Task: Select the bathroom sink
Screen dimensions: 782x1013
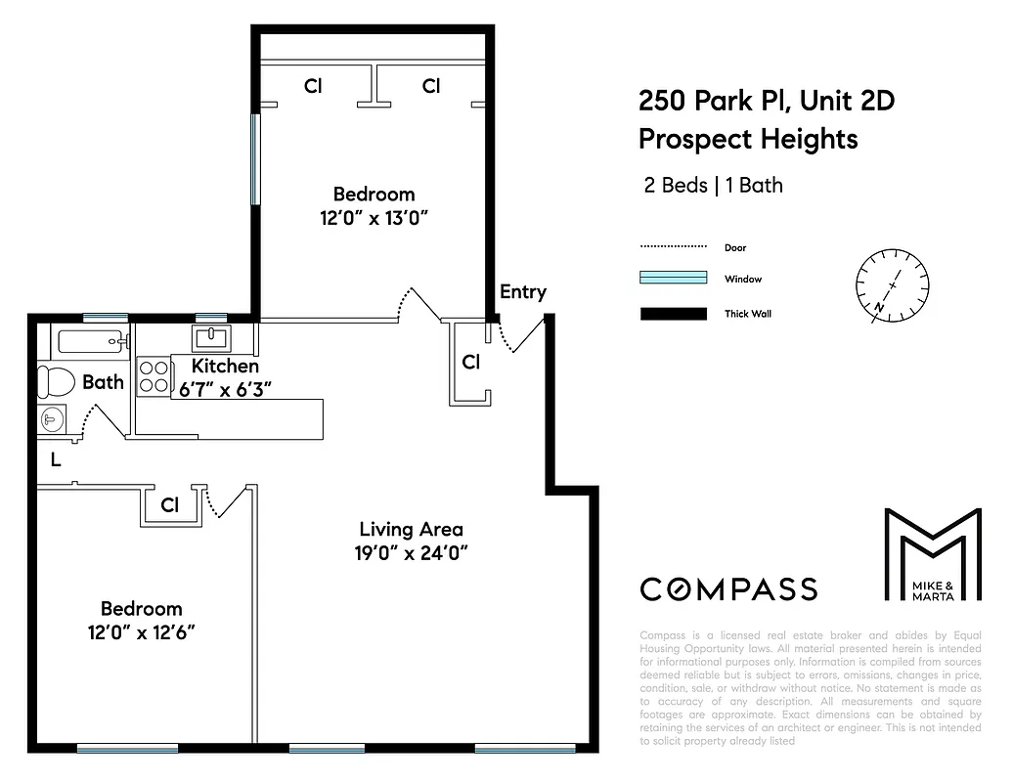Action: pos(52,418)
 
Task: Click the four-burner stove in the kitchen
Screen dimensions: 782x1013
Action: pos(154,376)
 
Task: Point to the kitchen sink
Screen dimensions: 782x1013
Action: pos(211,339)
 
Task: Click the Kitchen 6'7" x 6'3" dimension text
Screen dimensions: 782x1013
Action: pos(224,388)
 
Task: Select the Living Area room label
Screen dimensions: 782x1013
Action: pos(411,529)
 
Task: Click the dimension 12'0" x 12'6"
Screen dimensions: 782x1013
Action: pos(141,631)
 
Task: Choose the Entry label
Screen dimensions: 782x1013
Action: pos(522,291)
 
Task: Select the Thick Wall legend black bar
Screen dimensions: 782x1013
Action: pos(673,314)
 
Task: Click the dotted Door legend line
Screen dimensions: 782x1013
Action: pos(673,246)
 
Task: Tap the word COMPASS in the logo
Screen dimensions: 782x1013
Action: pos(728,588)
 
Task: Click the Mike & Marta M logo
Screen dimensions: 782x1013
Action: pos(932,554)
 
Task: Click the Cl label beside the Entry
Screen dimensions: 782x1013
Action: pos(470,362)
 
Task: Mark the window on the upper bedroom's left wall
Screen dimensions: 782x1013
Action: pos(256,159)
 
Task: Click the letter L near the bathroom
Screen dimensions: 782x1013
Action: pos(56,460)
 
